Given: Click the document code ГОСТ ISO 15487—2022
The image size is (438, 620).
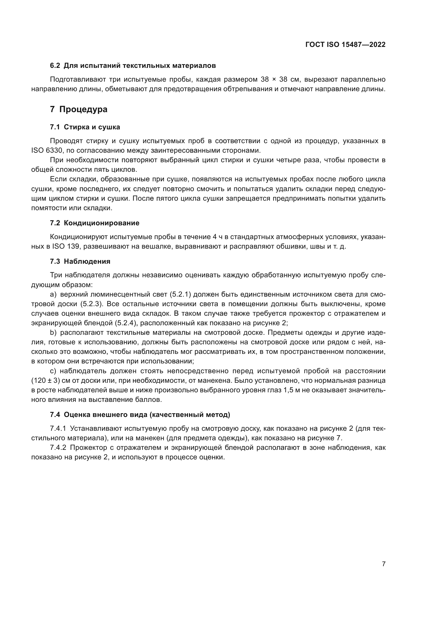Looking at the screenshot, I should pos(345,45).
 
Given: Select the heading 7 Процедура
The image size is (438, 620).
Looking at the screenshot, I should pos(78,109).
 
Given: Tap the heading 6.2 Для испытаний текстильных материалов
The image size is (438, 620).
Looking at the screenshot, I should pos(133,66).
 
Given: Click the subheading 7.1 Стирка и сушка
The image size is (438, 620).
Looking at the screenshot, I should pos(85,127).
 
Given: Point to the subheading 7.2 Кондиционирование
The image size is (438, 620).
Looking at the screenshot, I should pos(95,223).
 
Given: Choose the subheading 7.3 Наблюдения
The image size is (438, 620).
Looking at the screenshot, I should pos(80,261).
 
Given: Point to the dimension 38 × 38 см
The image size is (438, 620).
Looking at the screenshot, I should pos(279,80).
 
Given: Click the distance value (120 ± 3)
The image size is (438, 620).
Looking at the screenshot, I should pos(46,381).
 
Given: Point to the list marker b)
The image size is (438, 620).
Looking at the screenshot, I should pos(53,333).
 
